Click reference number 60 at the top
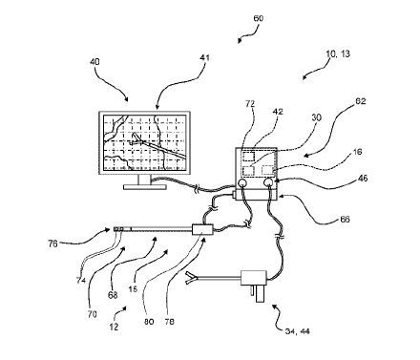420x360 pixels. [x=258, y=18]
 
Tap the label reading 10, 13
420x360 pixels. [x=338, y=53]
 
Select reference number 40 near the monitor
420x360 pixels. [x=94, y=61]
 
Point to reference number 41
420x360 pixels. [x=205, y=57]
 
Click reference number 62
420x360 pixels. [x=361, y=101]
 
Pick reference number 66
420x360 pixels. [x=345, y=219]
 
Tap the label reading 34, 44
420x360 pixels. [x=297, y=331]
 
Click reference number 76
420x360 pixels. [x=52, y=244]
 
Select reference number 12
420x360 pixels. [x=114, y=327]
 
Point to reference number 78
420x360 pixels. [x=169, y=322]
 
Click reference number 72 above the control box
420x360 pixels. [x=250, y=103]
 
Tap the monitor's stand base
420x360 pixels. [x=145, y=187]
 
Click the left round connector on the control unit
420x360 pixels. [x=242, y=182]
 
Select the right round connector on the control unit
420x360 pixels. [x=269, y=182]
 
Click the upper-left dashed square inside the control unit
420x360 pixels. [x=248, y=157]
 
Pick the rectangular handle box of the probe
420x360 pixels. [x=202, y=229]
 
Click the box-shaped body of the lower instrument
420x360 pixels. [x=254, y=278]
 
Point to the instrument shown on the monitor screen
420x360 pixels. [x=157, y=145]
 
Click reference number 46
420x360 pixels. [x=362, y=178]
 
